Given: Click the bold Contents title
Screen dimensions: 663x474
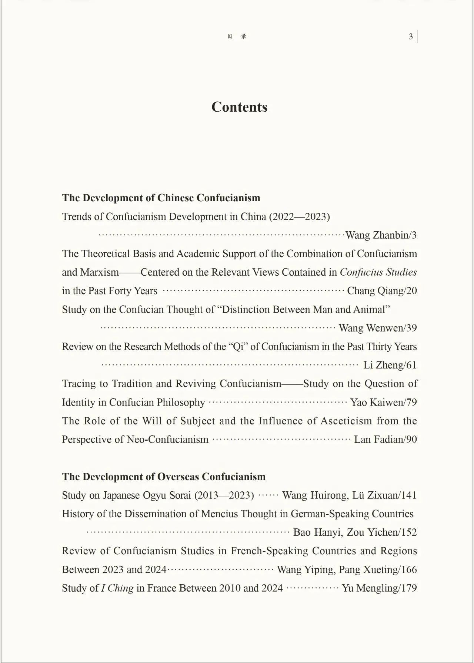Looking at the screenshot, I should tap(239, 107).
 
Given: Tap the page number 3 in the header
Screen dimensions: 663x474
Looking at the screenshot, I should tap(411, 37).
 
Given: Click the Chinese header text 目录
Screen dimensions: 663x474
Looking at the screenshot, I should tap(237, 36).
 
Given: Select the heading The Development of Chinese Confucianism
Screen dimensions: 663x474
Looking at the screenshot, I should tap(161, 198).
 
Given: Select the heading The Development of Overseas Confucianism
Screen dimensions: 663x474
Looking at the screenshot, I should tap(164, 477).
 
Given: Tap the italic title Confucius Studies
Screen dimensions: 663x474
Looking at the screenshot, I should tap(378, 272).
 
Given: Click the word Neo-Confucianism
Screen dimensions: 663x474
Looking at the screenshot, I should tap(167, 440).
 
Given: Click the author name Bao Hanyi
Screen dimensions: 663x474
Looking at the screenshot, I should tap(318, 532).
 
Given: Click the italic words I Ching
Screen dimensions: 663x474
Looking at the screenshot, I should tap(117, 588).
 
